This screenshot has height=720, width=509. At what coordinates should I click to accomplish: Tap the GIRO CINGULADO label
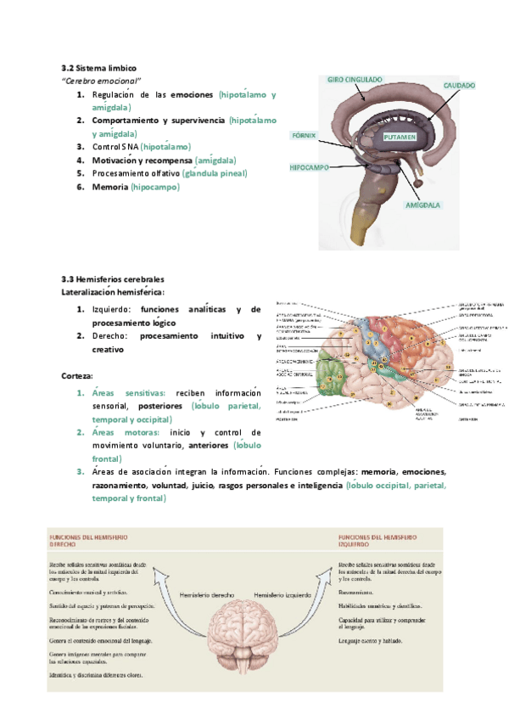click(x=355, y=79)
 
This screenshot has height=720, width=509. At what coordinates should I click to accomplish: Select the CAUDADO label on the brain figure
click(x=458, y=86)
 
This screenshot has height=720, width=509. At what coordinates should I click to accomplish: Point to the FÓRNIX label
click(x=303, y=135)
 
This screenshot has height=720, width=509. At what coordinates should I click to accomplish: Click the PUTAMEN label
click(x=399, y=136)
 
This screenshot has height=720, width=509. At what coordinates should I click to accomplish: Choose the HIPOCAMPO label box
click(x=309, y=168)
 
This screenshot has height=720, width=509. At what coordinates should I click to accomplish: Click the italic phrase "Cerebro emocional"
click(x=101, y=80)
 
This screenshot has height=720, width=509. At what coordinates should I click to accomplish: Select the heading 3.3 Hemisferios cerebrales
click(x=113, y=279)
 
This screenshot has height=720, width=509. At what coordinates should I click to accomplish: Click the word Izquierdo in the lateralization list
click(x=112, y=310)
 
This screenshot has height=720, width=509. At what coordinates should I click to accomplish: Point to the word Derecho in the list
click(x=109, y=337)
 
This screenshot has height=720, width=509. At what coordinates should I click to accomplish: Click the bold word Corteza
click(x=77, y=375)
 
